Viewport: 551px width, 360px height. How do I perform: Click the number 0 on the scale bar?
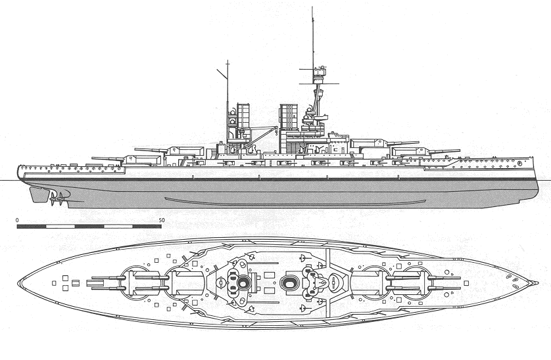(x=18, y=219)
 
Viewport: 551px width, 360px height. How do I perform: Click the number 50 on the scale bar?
(x=162, y=219)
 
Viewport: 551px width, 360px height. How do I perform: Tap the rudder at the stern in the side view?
(x=34, y=193)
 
